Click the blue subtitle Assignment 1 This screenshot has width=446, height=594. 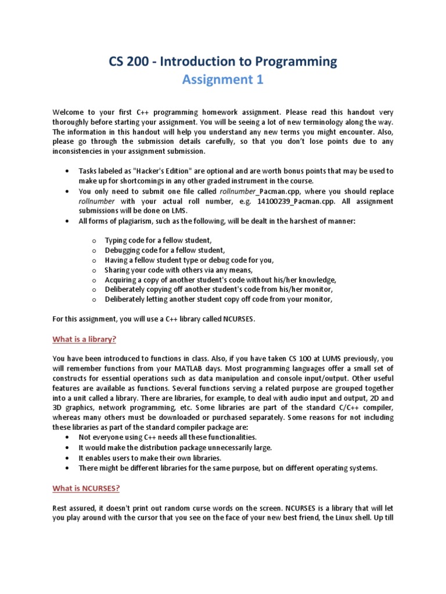click(x=222, y=80)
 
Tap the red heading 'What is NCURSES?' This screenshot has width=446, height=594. click(x=86, y=488)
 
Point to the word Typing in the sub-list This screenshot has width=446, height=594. click(x=117, y=240)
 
